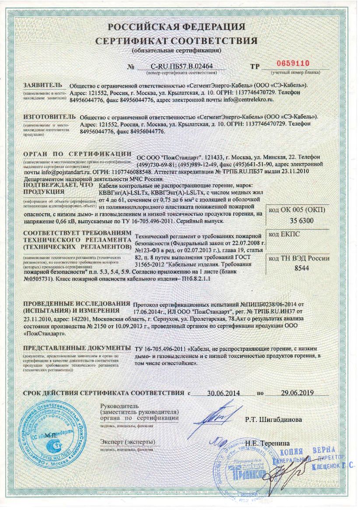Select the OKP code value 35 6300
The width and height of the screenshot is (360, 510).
click(302, 221)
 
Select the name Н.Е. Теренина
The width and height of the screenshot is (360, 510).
click(261, 443)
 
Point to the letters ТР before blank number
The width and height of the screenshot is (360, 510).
click(255, 67)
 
